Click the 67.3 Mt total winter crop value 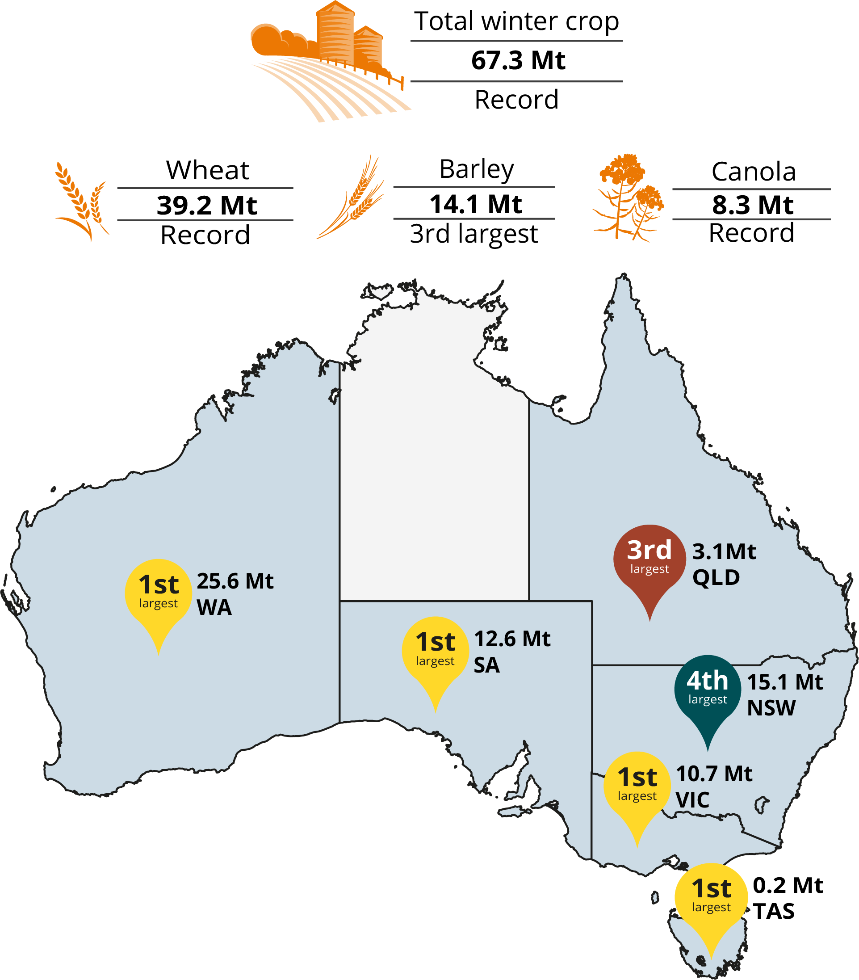pos(518,61)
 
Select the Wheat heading pos(207,170)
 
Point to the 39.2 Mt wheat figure pos(207,205)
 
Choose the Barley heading pos(477,169)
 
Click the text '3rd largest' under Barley pos(473,234)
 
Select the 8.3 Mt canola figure pos(752,205)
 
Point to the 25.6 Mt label pos(235,581)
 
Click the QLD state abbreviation pos(716,577)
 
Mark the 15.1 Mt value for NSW pos(785,682)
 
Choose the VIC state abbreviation pos(692,800)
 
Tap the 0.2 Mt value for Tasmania pos(788,886)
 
